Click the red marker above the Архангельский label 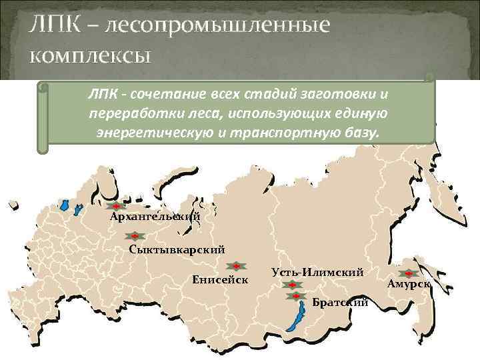(115, 207)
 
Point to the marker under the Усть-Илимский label (292, 286)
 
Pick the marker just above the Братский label (294, 295)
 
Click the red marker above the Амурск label (408, 273)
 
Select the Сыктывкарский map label (177, 249)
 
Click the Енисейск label (220, 279)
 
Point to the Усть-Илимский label (318, 272)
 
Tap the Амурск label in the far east (409, 284)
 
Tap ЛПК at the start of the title (51, 27)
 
